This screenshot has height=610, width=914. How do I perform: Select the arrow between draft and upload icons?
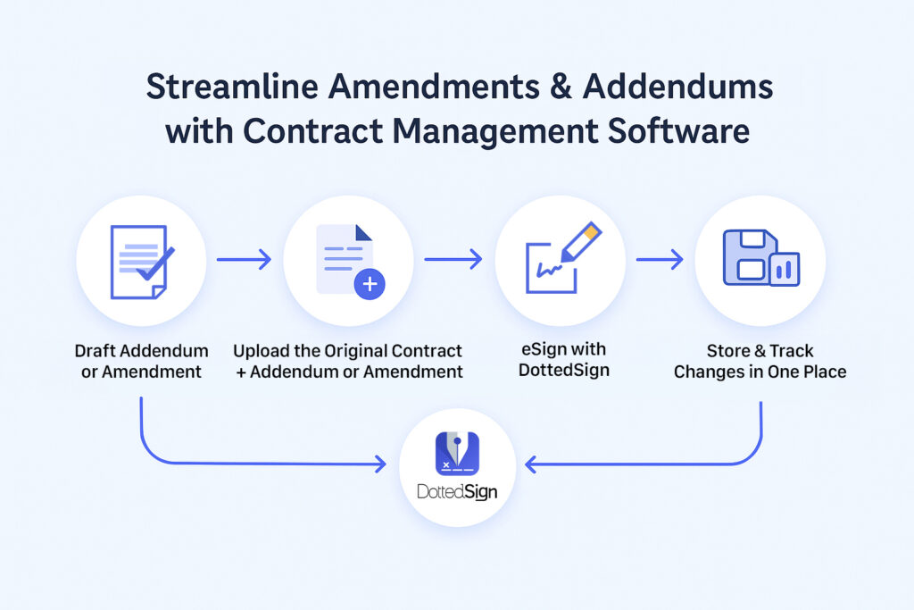point(244,260)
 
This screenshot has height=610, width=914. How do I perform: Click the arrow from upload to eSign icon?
point(453,260)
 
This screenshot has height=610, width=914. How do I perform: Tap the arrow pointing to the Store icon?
point(660,260)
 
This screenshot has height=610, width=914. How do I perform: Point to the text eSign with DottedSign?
point(564,361)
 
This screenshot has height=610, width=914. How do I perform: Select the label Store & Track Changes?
point(760,361)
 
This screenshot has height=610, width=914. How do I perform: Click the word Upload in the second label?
point(262,351)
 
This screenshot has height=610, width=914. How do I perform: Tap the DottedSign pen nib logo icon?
point(457,453)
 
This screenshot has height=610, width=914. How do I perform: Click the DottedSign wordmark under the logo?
point(457,492)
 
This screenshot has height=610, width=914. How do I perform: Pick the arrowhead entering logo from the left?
point(380,464)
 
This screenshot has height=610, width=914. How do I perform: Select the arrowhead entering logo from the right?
point(532,464)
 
